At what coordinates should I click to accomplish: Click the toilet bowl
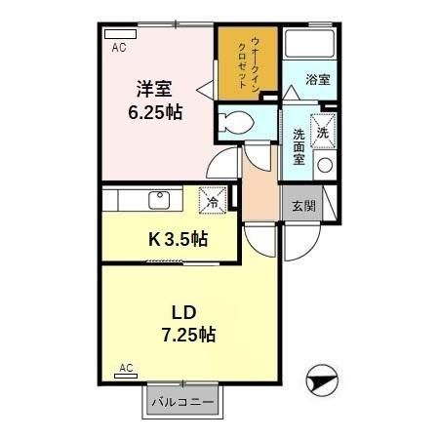(233, 123)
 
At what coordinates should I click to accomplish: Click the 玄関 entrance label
(302, 206)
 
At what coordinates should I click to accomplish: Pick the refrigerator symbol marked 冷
(213, 201)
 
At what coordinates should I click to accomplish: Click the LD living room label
(186, 313)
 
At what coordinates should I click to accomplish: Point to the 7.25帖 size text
(186, 335)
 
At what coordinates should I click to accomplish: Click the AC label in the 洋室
(118, 47)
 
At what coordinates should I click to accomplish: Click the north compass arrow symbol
(323, 380)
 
